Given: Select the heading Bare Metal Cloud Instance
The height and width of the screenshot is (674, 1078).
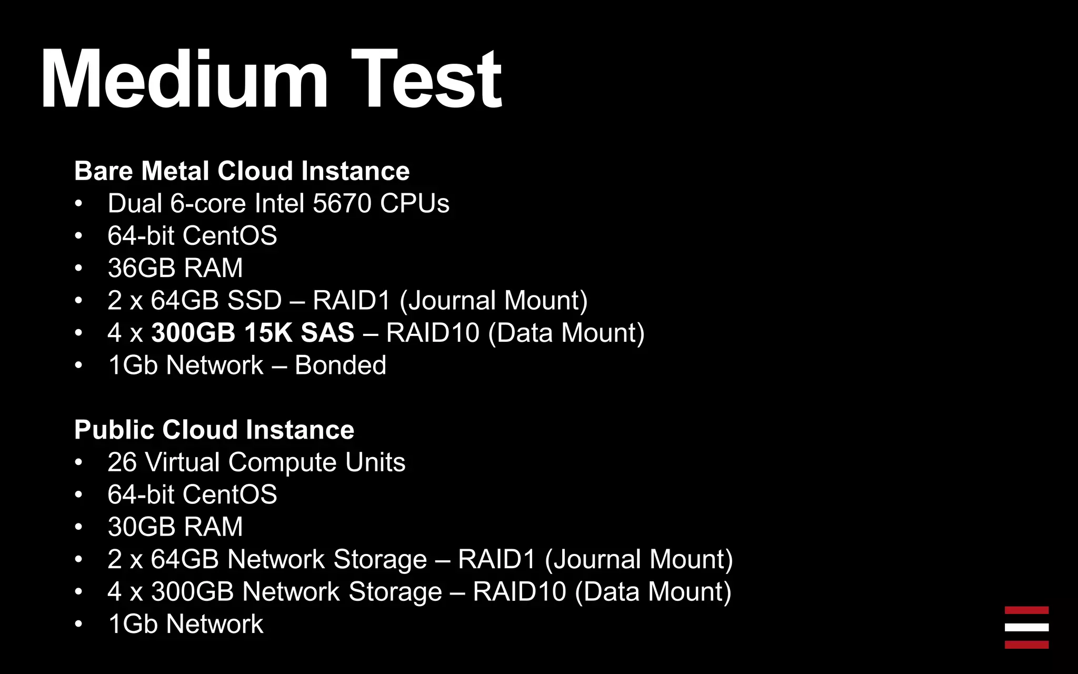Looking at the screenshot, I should pos(242,171).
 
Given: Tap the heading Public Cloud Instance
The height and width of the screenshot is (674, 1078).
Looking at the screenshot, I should pos(214,430).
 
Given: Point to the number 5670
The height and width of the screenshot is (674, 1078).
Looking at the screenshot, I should pos(342,203).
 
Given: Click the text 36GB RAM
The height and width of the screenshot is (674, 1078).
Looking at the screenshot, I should pos(175,268).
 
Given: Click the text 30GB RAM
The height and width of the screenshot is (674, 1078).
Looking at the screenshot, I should pos(175,527).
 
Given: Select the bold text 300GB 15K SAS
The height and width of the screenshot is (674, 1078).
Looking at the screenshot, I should pos(253,333).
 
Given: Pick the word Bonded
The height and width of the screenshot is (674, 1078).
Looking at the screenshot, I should pos(341,365).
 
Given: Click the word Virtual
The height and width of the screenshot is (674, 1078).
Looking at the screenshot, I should pos(182,462).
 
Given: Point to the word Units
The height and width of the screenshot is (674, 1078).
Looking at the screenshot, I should pos(375,462).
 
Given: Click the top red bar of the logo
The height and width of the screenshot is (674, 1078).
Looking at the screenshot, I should pos(1026,611).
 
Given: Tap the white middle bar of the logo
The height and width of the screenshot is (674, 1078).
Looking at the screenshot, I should pos(1026,628).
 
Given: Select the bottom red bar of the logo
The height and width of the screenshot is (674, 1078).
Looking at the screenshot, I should pos(1026,645).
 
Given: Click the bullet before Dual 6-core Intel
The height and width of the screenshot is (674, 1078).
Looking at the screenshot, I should pos(78,204).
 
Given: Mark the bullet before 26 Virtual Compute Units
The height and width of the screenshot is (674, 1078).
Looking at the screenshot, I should pos(78,463).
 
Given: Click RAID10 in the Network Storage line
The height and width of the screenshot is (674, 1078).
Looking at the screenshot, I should pos(519,592).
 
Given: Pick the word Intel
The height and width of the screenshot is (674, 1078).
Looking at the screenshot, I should pos(280,203).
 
